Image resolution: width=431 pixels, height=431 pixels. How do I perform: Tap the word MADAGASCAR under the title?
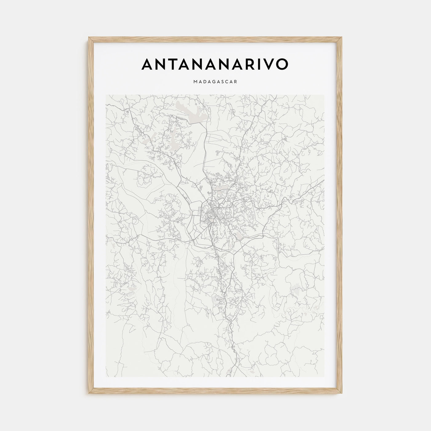click(x=215, y=82)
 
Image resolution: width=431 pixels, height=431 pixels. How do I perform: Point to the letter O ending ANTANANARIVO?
click(x=281, y=64)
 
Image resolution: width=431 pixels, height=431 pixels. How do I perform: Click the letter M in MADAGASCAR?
click(x=196, y=82)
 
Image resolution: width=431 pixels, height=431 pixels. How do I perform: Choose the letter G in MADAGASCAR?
click(x=213, y=82)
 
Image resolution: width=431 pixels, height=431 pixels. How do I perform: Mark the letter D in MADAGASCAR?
click(x=205, y=82)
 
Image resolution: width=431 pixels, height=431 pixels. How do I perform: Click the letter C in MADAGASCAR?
click(x=227, y=82)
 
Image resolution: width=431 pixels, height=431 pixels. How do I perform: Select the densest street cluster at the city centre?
click(x=212, y=212)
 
